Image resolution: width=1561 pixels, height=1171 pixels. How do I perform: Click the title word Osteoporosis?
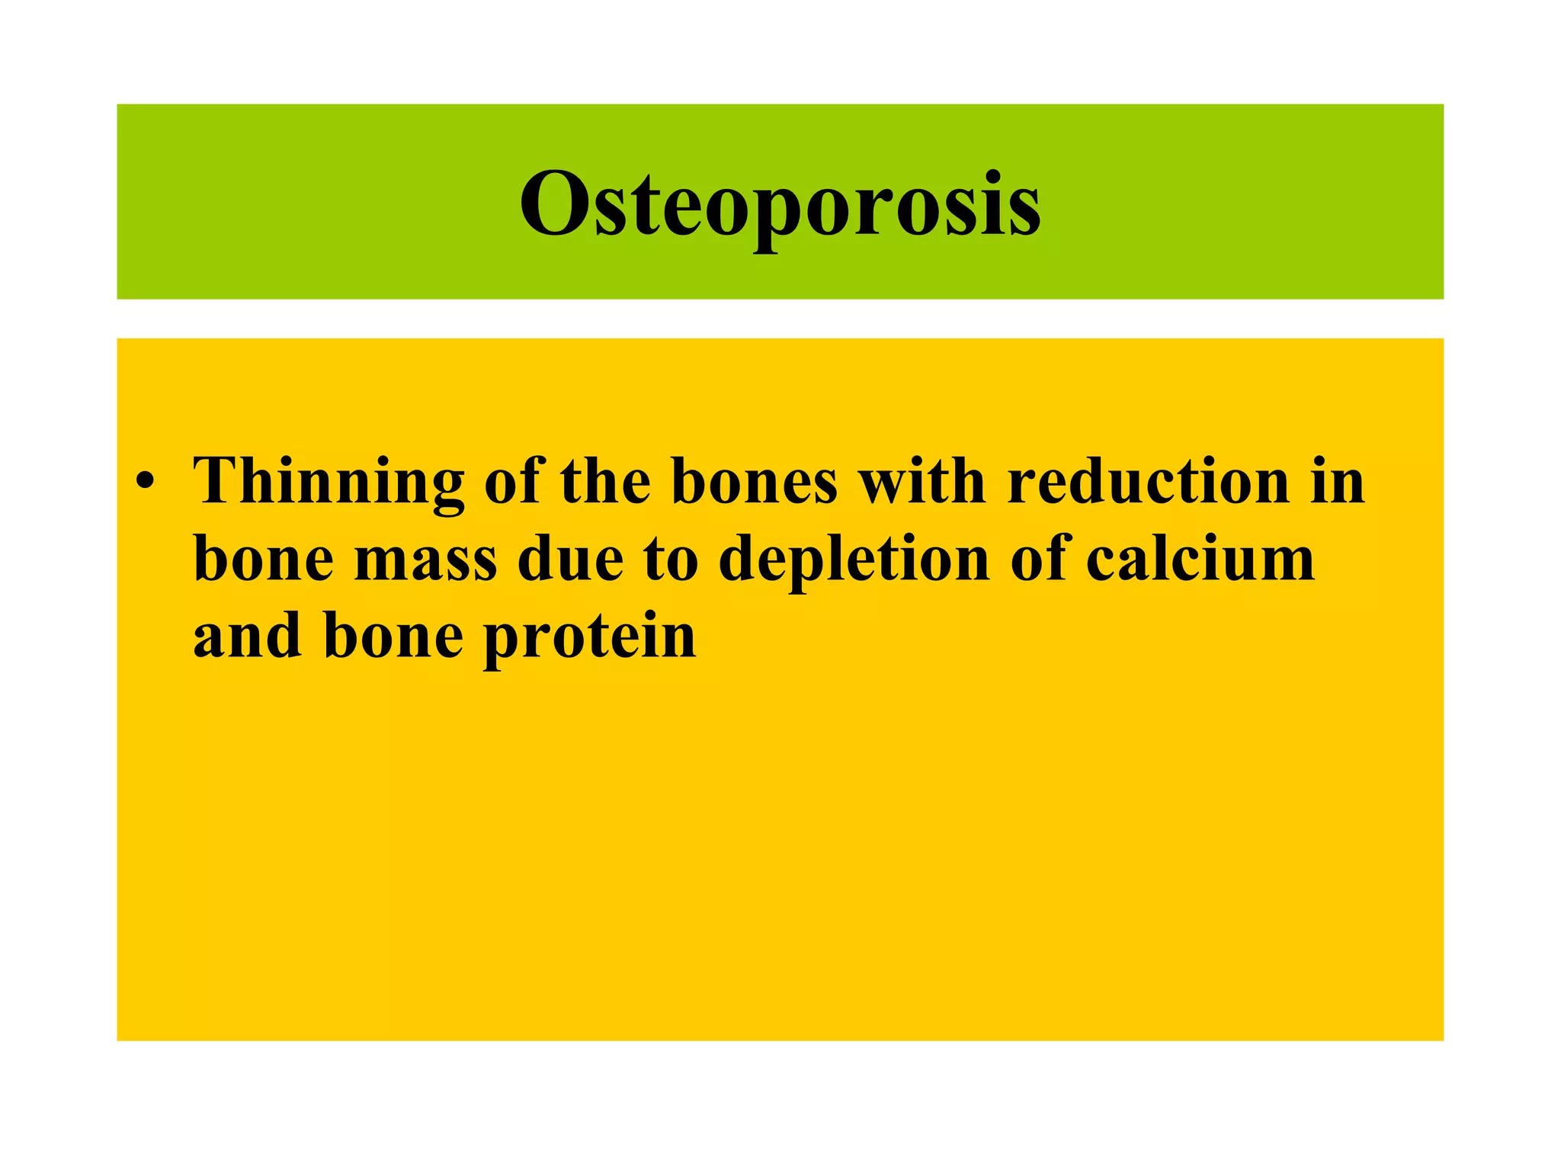point(780,204)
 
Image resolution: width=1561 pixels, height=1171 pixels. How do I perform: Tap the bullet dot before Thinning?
point(146,483)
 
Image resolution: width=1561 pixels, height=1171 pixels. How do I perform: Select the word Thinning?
point(329,482)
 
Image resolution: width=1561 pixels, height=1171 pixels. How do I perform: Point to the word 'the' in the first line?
point(605,482)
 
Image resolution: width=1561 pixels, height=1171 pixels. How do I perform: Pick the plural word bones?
point(755,482)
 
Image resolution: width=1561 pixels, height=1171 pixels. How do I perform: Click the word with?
point(922,482)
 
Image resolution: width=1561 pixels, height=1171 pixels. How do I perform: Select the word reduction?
point(1148,482)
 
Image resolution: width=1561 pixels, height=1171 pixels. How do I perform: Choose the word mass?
point(426,560)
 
